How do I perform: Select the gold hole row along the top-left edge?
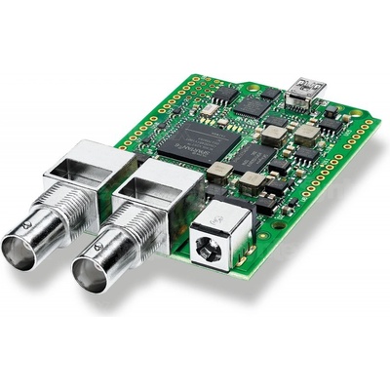click(x=156, y=97)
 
